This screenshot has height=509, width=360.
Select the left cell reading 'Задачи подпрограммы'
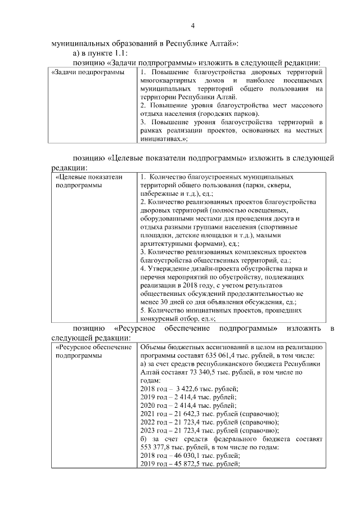click(88, 73)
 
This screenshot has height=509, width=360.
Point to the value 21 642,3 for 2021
click(183, 413)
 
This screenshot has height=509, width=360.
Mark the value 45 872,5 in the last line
click(183, 463)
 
